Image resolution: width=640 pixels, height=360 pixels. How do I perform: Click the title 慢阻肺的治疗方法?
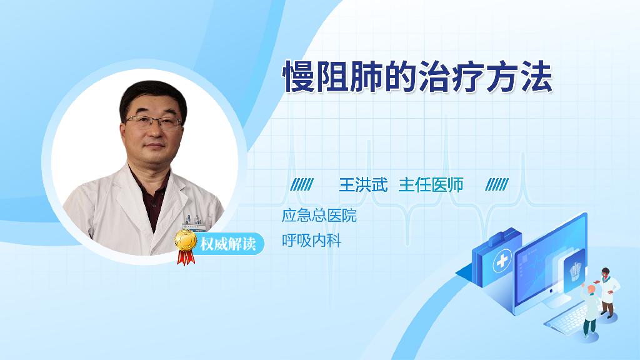417,77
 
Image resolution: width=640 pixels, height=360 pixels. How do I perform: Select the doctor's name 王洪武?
363,185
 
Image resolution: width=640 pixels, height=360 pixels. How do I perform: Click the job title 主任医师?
431,185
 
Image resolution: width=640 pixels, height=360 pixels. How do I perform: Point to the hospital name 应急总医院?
319,216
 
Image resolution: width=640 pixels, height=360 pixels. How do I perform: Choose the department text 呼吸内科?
311,241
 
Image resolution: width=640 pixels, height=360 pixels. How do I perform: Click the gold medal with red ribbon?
185,247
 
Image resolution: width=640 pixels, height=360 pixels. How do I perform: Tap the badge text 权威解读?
227,244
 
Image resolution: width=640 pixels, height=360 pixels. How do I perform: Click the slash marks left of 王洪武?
302,184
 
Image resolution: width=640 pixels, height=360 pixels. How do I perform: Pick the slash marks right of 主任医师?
497,184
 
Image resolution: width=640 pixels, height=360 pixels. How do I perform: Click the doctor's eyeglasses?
153,121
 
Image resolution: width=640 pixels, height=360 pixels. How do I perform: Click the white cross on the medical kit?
502,261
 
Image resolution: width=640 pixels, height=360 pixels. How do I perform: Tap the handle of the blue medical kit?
503,236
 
